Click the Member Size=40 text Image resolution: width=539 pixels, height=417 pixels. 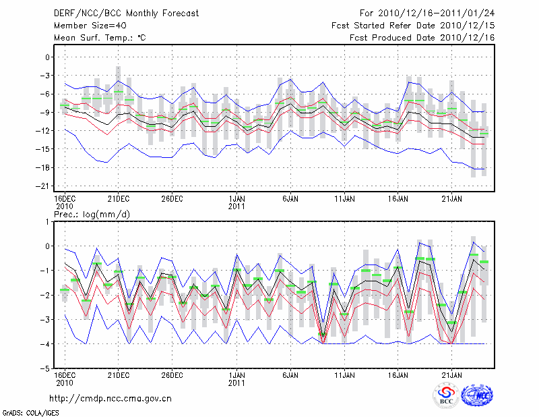coord(85,25)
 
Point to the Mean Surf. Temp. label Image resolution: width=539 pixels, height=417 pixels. coord(99,37)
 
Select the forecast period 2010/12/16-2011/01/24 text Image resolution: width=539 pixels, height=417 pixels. coord(428,13)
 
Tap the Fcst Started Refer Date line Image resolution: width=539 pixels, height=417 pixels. coord(414,25)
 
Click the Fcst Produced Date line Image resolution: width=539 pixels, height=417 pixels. coord(422,37)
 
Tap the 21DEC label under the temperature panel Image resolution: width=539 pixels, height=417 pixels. coord(118,198)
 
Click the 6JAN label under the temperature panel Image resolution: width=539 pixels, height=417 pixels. coord(290,198)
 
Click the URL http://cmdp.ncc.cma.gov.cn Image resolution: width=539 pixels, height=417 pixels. coord(110,398)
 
